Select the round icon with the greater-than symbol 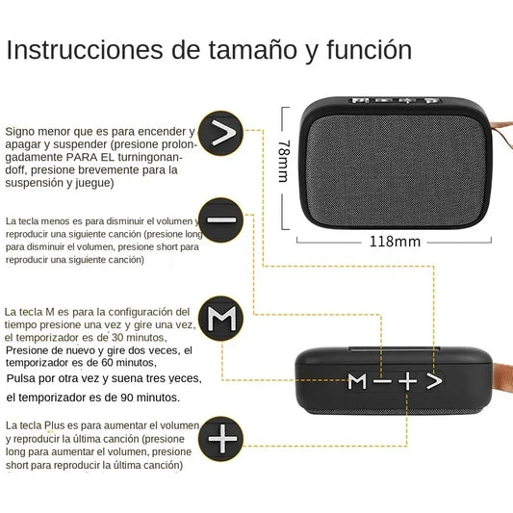(x=223, y=136)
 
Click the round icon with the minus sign (x=221, y=220)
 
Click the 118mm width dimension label (x=395, y=242)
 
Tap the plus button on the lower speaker (x=408, y=382)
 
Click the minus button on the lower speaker (x=383, y=382)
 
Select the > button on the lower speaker (x=435, y=382)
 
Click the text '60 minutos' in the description (x=120, y=363)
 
